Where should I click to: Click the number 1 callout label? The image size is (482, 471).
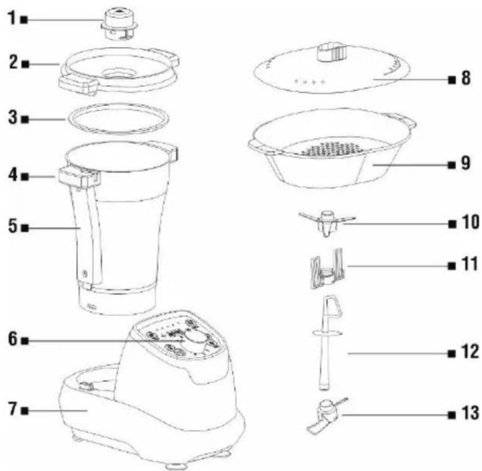(12, 18)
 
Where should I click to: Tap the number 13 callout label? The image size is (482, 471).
(471, 413)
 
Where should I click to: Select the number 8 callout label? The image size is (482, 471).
(466, 78)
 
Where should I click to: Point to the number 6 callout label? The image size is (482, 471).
(13, 339)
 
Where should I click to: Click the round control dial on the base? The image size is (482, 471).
(195, 342)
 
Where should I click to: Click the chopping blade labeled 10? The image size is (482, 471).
(327, 223)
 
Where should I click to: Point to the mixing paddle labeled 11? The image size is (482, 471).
(327, 269)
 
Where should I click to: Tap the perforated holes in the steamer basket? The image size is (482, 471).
(334, 148)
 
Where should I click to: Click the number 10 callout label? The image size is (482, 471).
(471, 222)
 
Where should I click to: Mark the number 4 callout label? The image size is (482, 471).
(13, 175)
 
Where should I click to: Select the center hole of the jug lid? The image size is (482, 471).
(119, 74)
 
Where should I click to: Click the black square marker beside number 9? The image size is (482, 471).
(452, 165)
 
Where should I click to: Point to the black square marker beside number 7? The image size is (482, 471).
(25, 411)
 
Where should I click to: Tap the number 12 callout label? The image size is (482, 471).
(471, 352)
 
